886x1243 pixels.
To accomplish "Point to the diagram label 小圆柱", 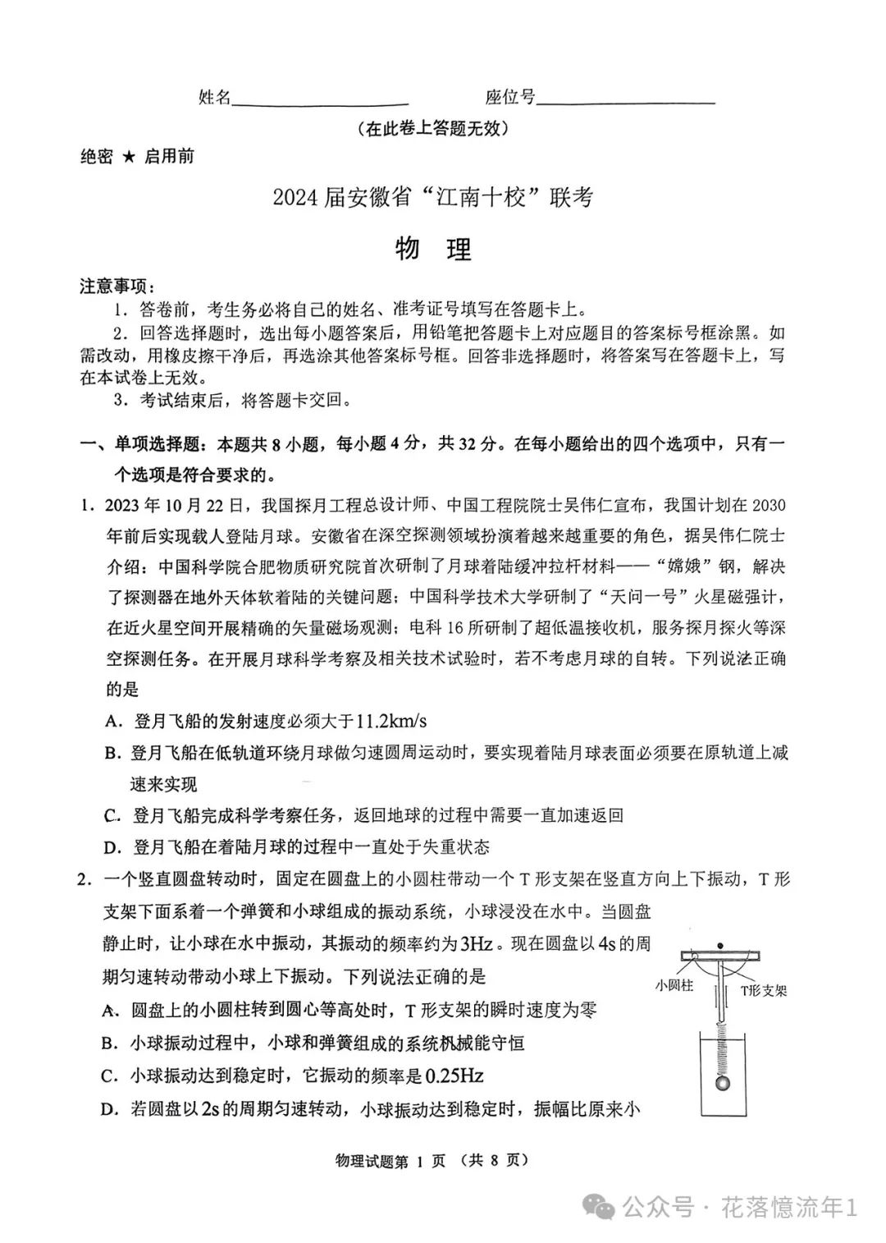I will (674, 985).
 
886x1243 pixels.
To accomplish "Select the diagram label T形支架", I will (763, 990).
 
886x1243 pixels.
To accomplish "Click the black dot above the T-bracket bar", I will (720, 945).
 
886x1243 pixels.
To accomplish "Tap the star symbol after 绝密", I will (129, 157).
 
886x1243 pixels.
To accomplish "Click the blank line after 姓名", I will (320, 103).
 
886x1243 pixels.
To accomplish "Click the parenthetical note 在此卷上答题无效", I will (433, 129).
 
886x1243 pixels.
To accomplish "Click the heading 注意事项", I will (115, 287).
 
